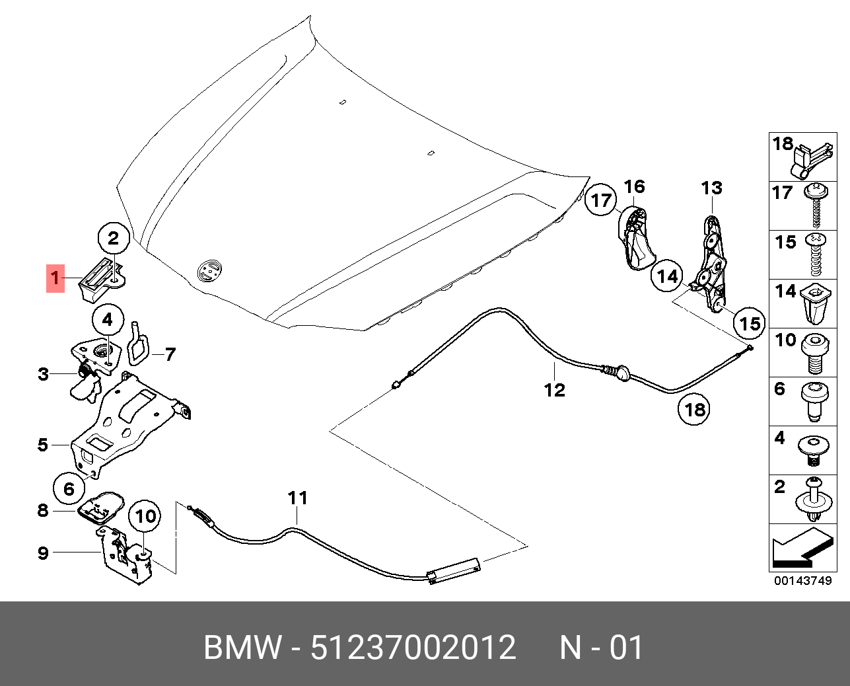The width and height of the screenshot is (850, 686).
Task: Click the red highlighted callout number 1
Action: tap(55, 278)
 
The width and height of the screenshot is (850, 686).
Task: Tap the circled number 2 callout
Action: tap(114, 238)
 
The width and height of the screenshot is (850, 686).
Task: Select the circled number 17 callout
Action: tap(600, 200)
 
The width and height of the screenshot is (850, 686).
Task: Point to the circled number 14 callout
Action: tap(667, 276)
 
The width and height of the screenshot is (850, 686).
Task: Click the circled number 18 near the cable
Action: tap(695, 410)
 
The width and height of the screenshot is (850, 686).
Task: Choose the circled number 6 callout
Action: tap(69, 489)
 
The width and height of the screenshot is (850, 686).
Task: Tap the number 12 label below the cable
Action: tap(555, 390)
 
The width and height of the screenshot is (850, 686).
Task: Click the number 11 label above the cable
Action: tap(298, 498)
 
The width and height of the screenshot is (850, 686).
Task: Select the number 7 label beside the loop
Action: tap(170, 355)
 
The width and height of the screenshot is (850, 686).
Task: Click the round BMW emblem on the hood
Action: tap(210, 270)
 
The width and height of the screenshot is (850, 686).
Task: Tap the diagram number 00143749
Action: tap(802, 581)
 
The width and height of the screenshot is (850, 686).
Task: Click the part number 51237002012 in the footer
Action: tap(413, 648)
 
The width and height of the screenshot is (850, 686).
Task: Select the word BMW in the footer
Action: tap(242, 648)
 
